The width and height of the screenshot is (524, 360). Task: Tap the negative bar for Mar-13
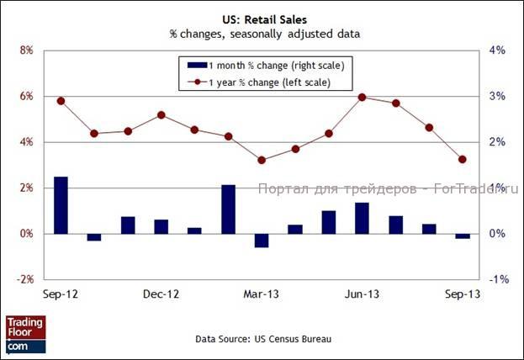(x=262, y=240)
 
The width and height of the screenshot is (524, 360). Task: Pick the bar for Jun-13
(x=362, y=218)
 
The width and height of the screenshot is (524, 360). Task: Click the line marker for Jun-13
(x=362, y=97)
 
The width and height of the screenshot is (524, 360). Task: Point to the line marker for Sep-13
(x=462, y=159)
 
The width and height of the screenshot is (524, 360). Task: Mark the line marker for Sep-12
(x=61, y=101)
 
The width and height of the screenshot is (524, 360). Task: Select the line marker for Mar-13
(x=262, y=160)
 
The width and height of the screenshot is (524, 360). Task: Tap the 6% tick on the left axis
(x=25, y=96)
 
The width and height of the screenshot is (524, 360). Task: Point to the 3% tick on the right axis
(x=496, y=96)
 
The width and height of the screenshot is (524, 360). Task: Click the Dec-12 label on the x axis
(x=161, y=294)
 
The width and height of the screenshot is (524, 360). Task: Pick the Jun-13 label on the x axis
(x=362, y=294)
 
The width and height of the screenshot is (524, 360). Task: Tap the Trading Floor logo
(x=25, y=334)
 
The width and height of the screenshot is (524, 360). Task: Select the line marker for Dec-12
(x=161, y=115)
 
